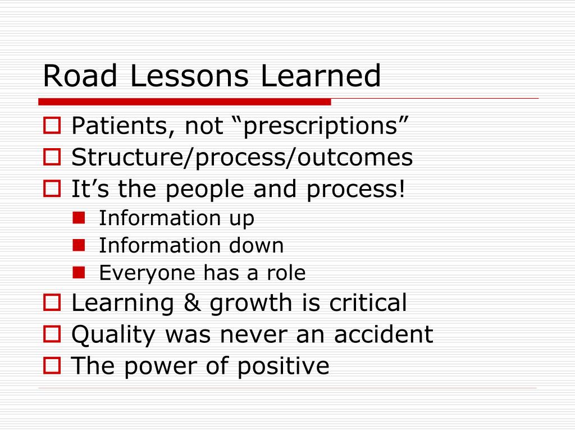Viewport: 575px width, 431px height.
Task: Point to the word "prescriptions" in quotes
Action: (320, 126)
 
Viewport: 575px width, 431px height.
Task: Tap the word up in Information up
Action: (241, 218)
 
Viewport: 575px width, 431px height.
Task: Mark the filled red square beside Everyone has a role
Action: (79, 272)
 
